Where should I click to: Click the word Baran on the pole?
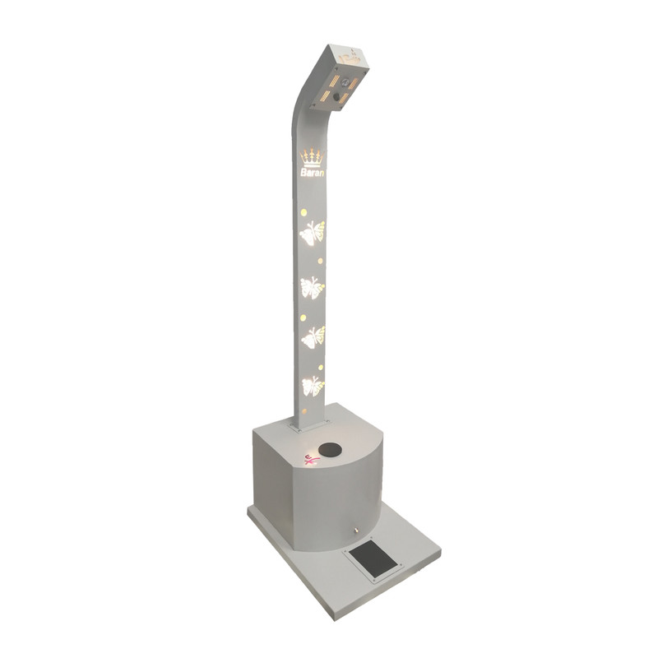tap(313, 173)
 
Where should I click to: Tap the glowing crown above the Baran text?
tap(313, 158)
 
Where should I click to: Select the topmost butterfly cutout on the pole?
tap(313, 232)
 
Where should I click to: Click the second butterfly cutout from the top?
tap(313, 287)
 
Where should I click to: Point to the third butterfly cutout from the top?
tap(314, 337)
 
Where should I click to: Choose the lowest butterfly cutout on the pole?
tap(313, 386)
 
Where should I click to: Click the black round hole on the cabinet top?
tap(330, 450)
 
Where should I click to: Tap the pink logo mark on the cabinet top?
tap(311, 460)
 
